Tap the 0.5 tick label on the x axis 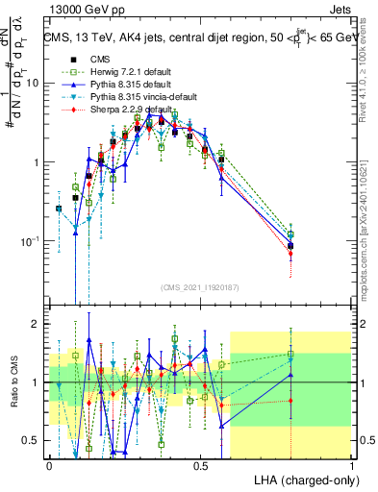pos(200,464)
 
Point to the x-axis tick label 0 pos(49,464)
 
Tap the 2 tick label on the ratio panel pos(37,324)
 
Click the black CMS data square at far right pos(290,246)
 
